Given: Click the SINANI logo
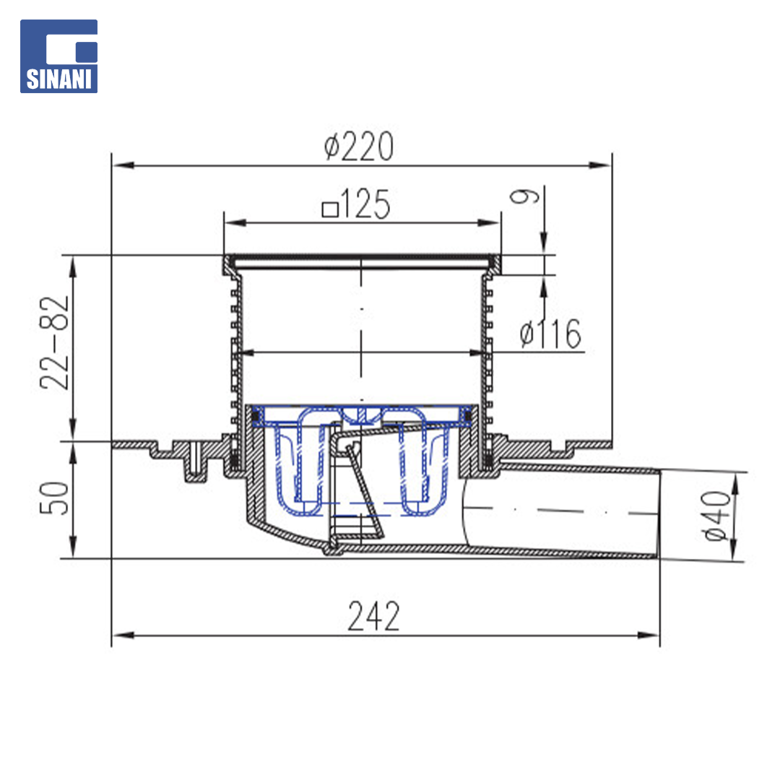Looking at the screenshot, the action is tap(58, 56).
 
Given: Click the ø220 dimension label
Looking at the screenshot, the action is tap(359, 146).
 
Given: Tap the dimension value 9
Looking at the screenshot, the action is tap(524, 196).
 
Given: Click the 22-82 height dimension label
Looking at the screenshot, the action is tap(54, 343).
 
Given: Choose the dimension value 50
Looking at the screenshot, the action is tap(54, 498).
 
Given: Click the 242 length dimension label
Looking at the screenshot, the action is tap(373, 616).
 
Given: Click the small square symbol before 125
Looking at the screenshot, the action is tap(330, 209).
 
